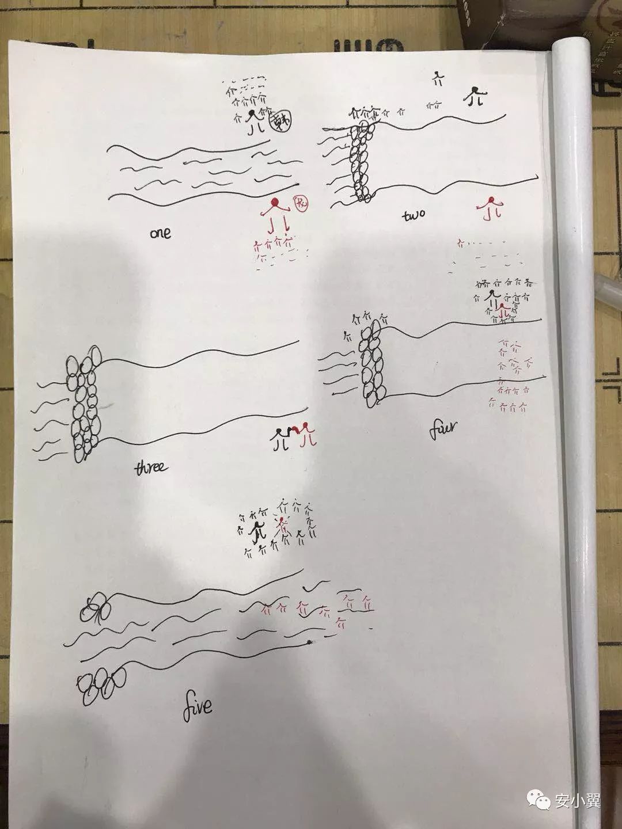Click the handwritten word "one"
160,233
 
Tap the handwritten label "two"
414,215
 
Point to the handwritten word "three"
151,467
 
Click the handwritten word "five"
198,708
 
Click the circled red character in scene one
301,204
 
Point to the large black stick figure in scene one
254,122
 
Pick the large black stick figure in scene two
475,96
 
